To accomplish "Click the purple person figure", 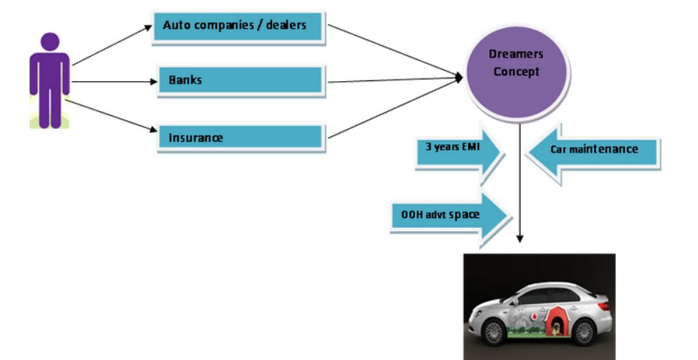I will click(x=49, y=82).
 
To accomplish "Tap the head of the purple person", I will click(x=49, y=42).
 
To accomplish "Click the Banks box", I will click(x=239, y=81).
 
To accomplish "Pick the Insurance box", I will click(x=239, y=138).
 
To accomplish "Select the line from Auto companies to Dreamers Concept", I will click(x=396, y=50).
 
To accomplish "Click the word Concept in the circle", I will click(x=517, y=72).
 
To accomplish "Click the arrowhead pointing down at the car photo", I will click(x=520, y=239).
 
